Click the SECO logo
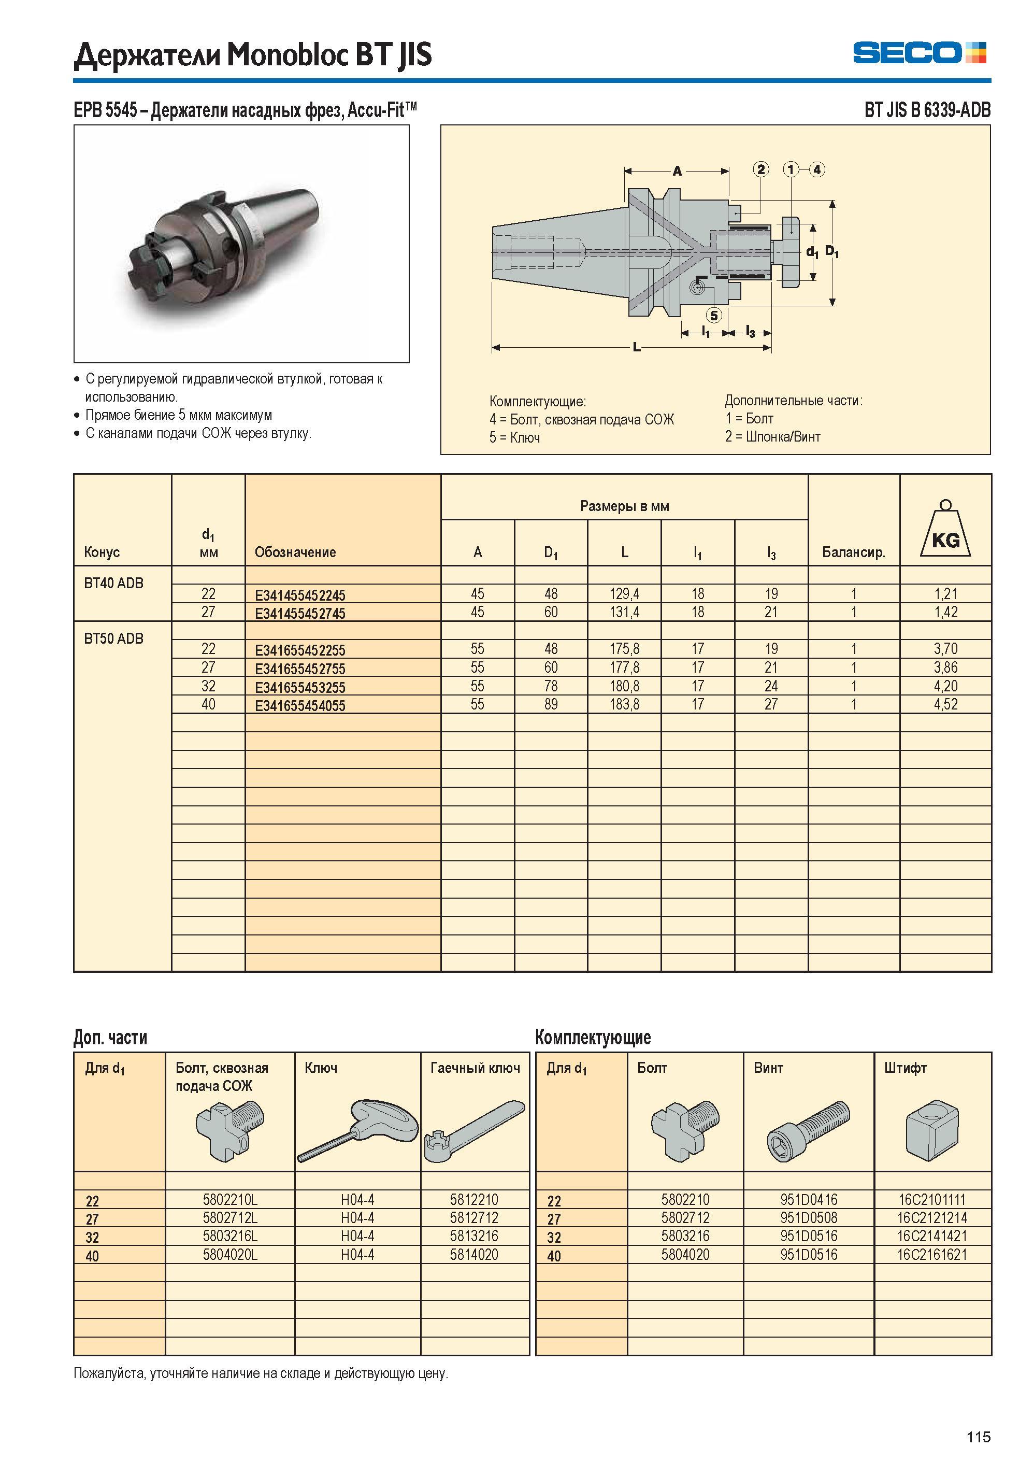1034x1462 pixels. click(920, 52)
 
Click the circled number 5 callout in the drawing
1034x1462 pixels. click(714, 315)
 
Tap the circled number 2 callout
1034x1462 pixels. click(761, 169)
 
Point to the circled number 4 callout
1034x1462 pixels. click(817, 169)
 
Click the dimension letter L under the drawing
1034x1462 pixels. click(637, 347)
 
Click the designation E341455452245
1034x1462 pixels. click(300, 595)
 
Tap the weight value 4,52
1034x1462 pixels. click(945, 704)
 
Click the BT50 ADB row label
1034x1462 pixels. click(114, 638)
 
